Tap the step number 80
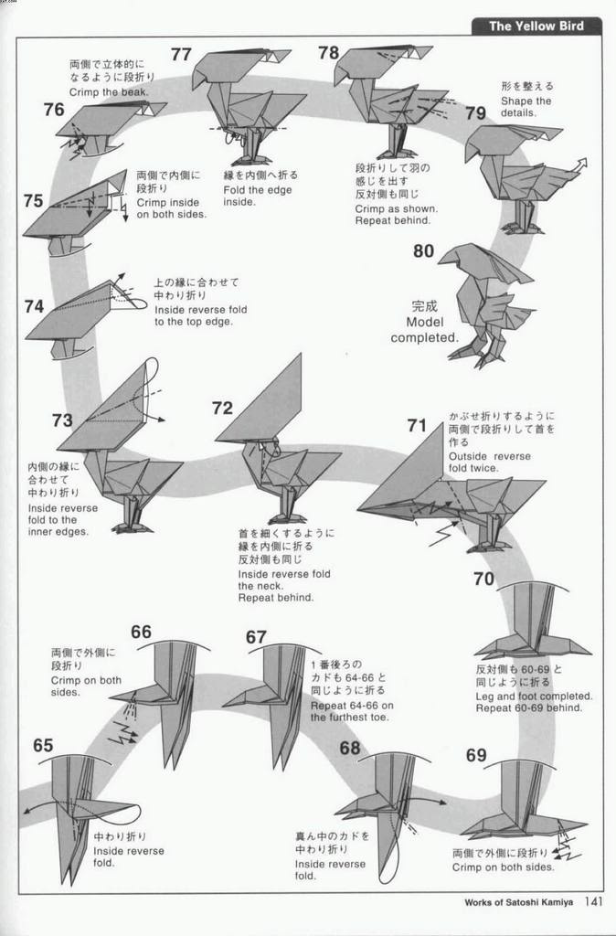(x=423, y=250)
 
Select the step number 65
(x=43, y=745)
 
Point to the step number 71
(x=417, y=425)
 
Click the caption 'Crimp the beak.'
(x=109, y=92)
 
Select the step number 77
(x=181, y=54)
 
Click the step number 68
(x=350, y=749)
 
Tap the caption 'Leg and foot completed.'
(x=534, y=696)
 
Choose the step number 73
(x=62, y=420)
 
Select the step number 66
(x=141, y=632)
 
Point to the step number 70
(x=484, y=579)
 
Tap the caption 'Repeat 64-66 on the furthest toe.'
(x=352, y=711)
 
